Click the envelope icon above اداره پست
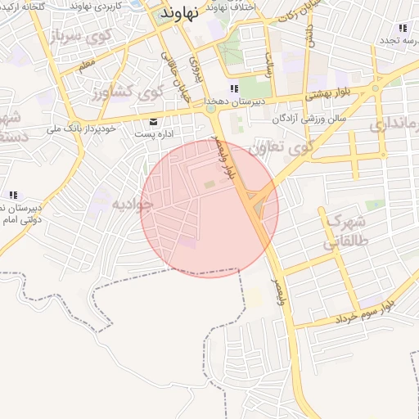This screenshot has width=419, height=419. [x=153, y=121]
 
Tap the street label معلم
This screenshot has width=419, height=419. [x=87, y=62]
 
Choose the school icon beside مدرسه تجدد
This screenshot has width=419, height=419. [x=403, y=29]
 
